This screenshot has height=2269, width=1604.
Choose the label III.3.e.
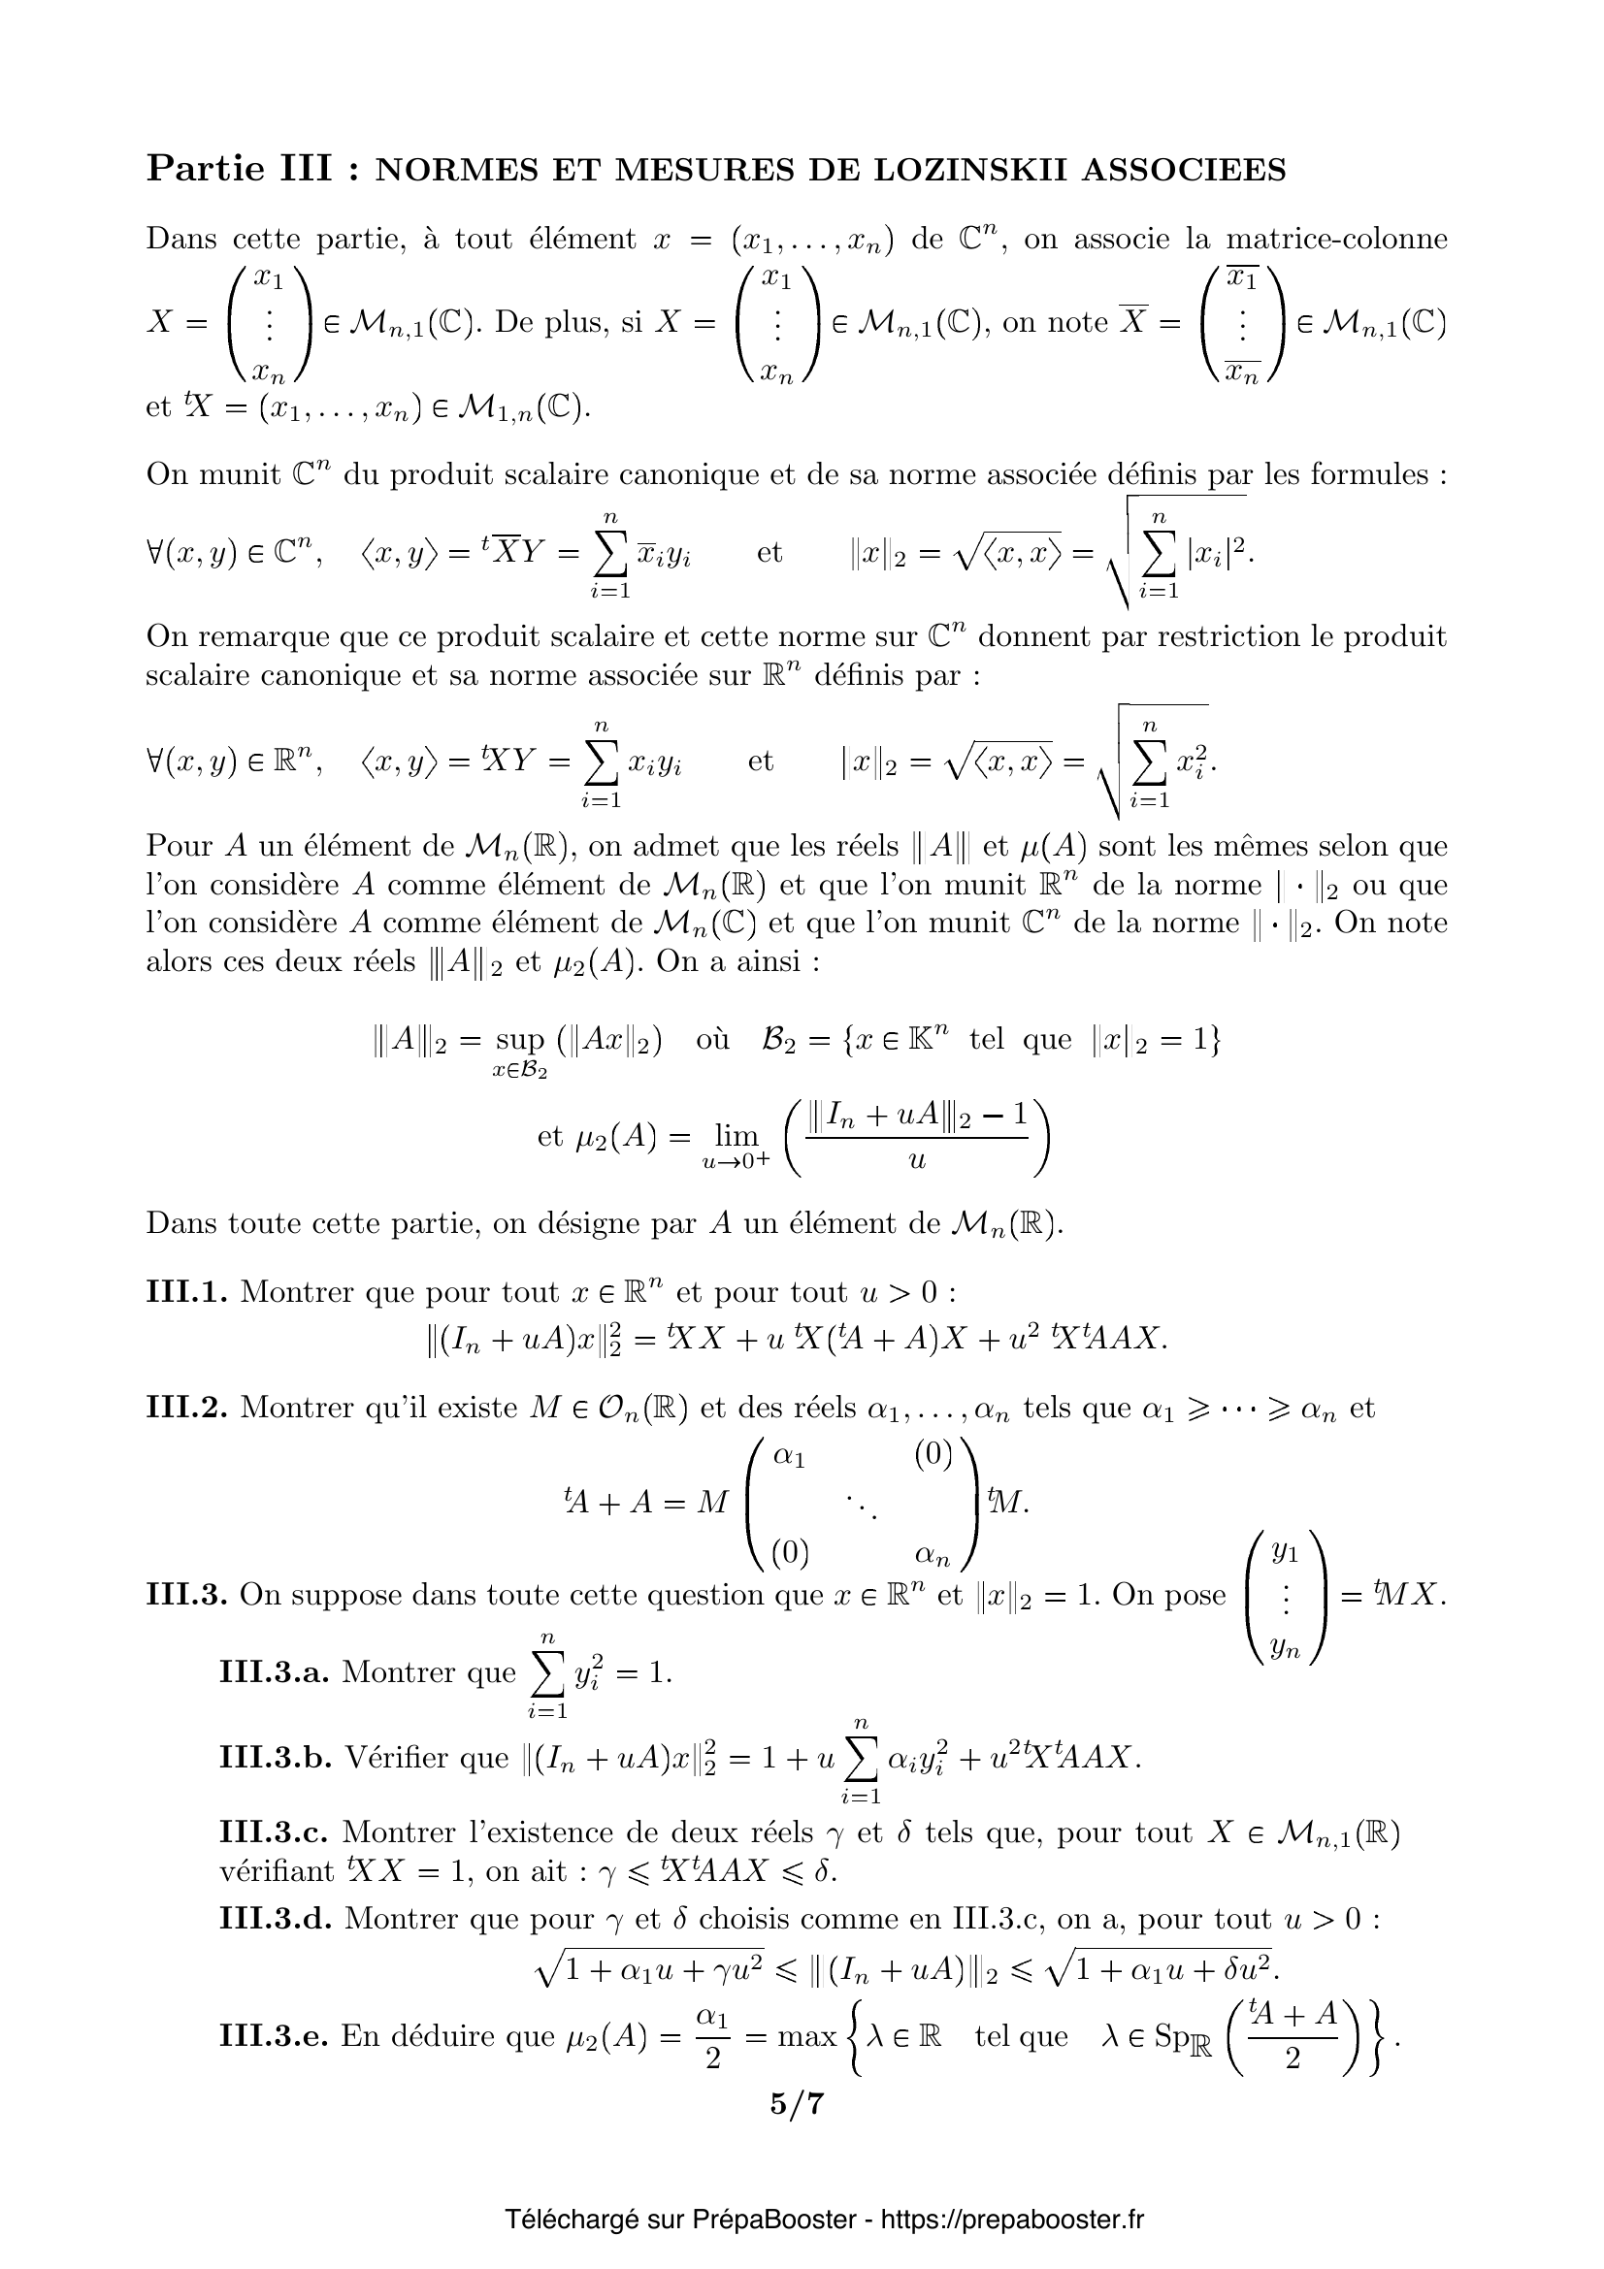point(273,2036)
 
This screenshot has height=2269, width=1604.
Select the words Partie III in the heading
point(239,169)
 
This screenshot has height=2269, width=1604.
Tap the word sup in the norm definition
point(520,1040)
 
